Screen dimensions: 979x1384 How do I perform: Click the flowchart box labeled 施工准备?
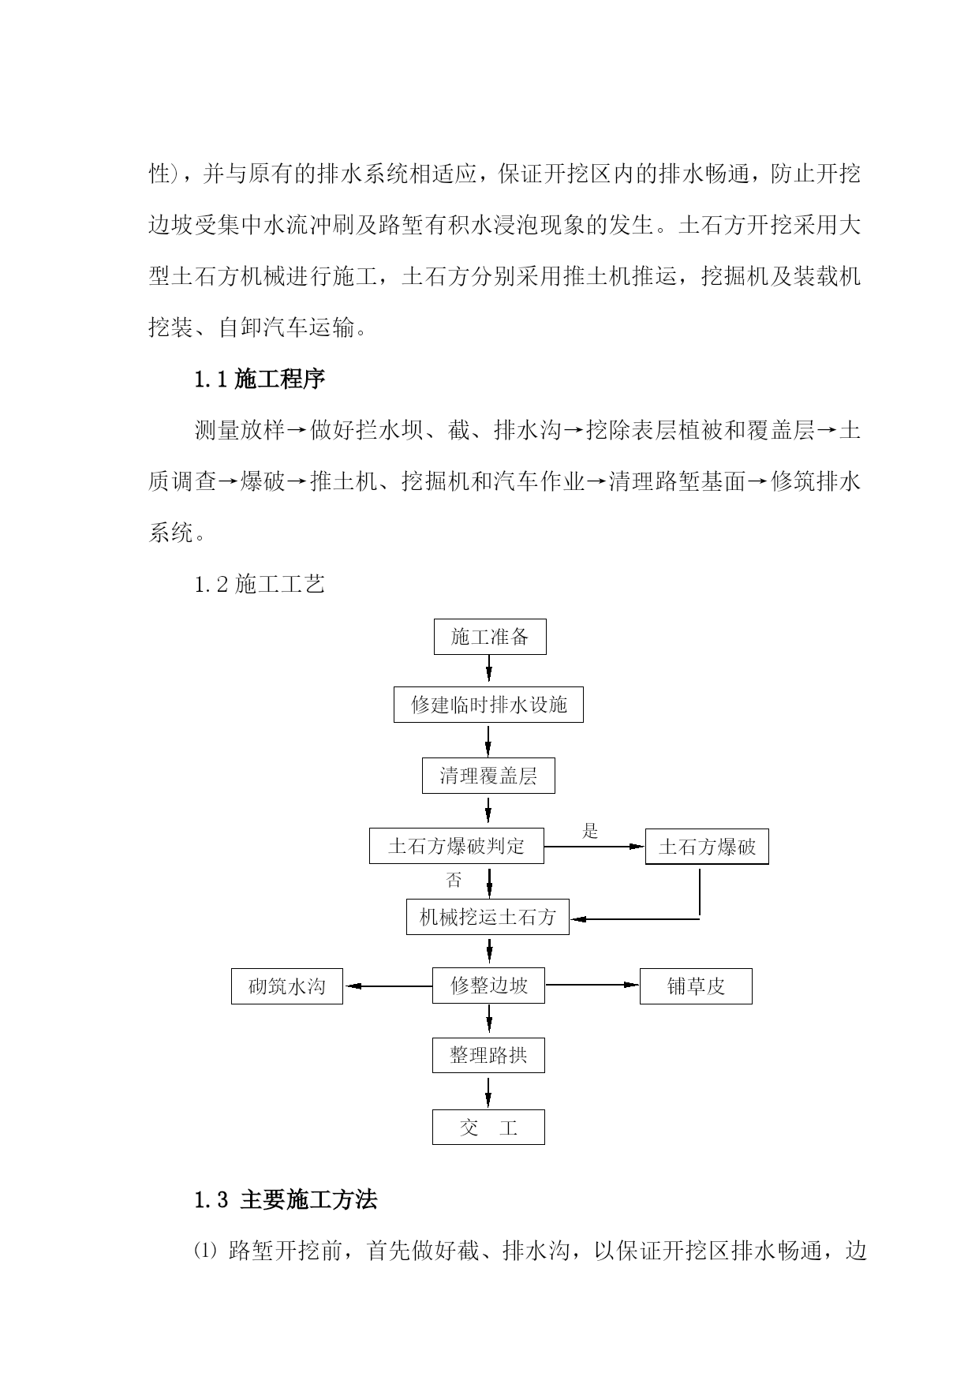point(490,637)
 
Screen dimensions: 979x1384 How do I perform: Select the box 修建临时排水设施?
point(488,705)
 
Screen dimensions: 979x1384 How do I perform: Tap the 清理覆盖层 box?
point(488,776)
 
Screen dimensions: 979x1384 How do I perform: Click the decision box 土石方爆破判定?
point(456,846)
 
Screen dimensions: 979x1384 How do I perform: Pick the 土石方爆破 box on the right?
point(707,847)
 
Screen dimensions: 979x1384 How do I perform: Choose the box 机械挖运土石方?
point(488,917)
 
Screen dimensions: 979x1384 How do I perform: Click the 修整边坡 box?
point(488,986)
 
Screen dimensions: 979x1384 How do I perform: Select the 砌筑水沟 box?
point(287,986)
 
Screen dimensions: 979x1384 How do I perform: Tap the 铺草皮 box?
point(696,986)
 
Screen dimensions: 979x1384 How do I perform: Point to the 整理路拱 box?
point(488,1055)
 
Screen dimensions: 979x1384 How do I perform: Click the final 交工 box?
point(488,1127)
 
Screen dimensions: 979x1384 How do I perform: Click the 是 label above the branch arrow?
point(590,831)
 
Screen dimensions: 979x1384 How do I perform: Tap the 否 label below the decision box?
point(454,880)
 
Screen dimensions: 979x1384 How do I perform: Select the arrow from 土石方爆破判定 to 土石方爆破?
point(594,847)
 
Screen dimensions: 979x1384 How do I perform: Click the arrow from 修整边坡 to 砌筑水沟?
point(388,986)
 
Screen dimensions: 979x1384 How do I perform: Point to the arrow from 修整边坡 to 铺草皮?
point(592,985)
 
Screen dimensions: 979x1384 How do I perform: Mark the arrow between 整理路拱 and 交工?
point(488,1091)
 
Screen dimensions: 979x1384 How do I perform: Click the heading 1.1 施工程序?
point(260,380)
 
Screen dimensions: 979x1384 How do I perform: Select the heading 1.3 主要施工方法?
point(286,1200)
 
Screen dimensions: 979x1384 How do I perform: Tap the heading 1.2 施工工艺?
point(260,585)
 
